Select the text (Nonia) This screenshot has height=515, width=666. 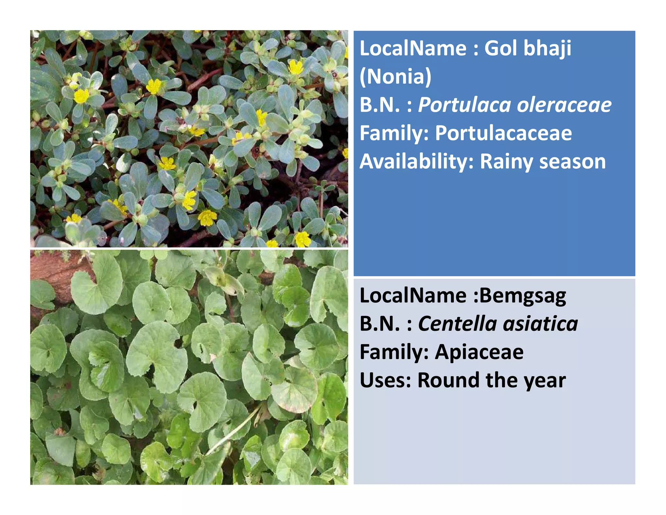tap(395, 77)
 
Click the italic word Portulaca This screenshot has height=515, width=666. tap(465, 105)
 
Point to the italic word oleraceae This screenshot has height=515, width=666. tap(564, 105)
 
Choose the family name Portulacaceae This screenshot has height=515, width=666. tap(503, 133)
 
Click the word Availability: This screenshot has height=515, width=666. tap(417, 162)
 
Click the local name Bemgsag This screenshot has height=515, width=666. tap(523, 296)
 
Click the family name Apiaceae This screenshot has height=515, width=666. tap(479, 352)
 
